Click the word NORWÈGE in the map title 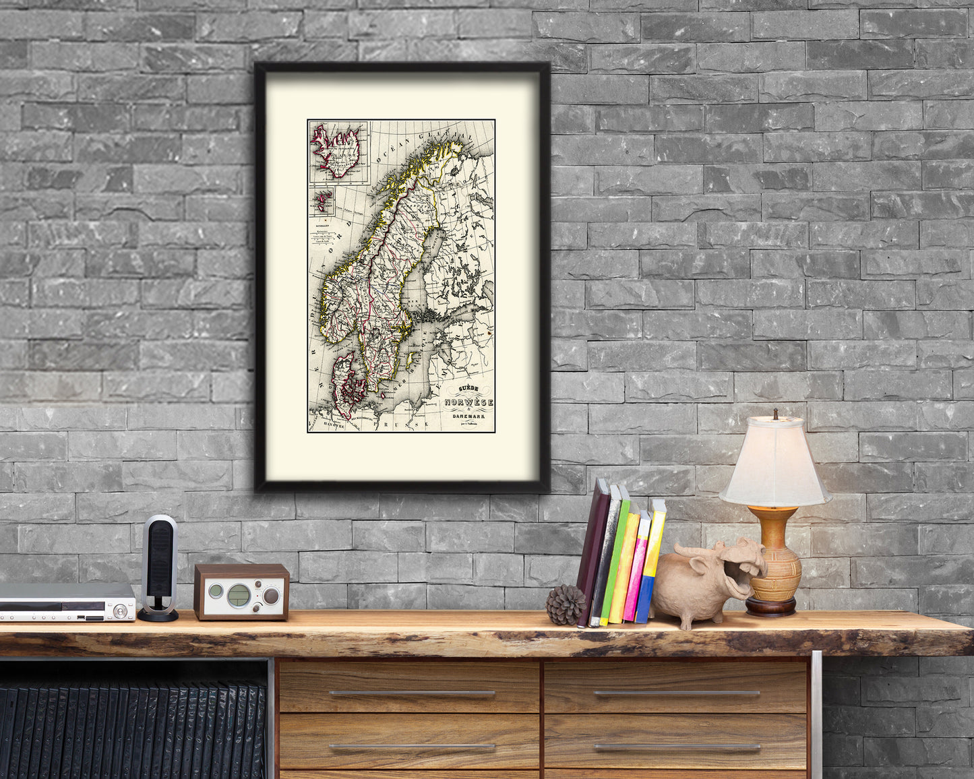click(468, 402)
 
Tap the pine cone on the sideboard click(565, 604)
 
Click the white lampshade click(774, 463)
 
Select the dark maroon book click(592, 552)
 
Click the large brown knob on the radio click(271, 596)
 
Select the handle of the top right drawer click(676, 693)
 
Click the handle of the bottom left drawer click(411, 747)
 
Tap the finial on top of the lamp click(775, 413)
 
